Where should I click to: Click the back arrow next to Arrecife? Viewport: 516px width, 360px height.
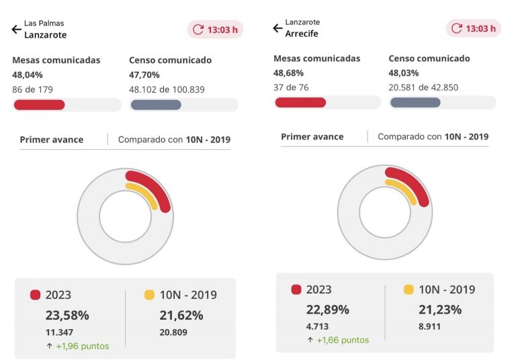277,28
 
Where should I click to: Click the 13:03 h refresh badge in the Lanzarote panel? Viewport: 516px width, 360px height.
215,30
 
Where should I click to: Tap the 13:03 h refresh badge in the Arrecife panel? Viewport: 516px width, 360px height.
473,28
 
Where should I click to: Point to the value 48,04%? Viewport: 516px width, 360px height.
28,75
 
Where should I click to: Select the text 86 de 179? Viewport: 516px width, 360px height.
32,89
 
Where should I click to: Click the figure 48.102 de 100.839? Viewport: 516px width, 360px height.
167,89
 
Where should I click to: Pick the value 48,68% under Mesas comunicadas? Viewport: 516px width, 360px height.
288,73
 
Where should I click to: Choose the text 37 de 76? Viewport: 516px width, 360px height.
290,87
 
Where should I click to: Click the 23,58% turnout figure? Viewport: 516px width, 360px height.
67,315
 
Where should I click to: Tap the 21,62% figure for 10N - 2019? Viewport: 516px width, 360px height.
181,315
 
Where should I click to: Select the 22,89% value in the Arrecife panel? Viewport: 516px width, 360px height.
327,310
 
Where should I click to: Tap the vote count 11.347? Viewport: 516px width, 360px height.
59,332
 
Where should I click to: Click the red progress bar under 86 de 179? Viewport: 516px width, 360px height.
39,105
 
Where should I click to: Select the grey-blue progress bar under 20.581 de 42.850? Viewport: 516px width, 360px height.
415,102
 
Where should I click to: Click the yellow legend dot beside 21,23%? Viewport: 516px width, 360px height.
408,289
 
